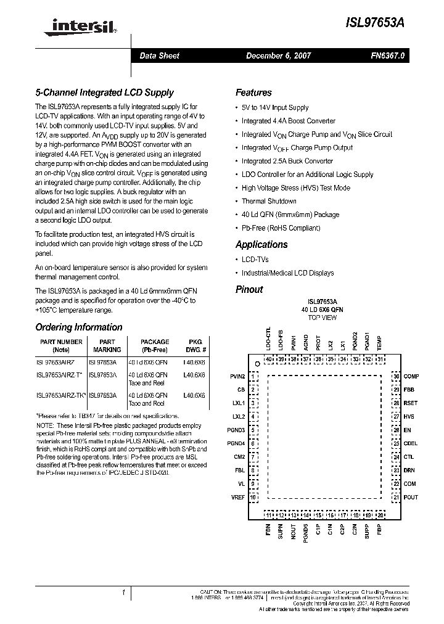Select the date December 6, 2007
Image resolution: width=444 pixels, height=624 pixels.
pyautogui.click(x=278, y=55)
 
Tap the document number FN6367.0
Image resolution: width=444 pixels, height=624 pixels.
pyautogui.click(x=387, y=55)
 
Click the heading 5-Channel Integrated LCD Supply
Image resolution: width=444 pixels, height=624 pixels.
pyautogui.click(x=104, y=92)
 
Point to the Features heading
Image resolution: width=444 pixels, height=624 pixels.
pyautogui.click(x=253, y=92)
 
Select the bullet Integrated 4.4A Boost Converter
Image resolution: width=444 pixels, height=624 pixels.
pyautogui.click(x=288, y=121)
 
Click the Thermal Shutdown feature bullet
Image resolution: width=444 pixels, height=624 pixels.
pyautogui.click(x=268, y=201)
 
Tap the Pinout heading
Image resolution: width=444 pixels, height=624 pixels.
pyautogui.click(x=249, y=289)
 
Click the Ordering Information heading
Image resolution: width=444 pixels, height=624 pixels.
pyautogui.click(x=78, y=327)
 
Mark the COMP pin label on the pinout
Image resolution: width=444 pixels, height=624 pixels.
pyautogui.click(x=411, y=376)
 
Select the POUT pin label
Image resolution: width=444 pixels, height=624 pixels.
pyautogui.click(x=411, y=496)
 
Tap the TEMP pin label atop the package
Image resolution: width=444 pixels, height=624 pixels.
pyautogui.click(x=380, y=343)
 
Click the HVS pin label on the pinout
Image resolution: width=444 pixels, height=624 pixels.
pyautogui.click(x=408, y=416)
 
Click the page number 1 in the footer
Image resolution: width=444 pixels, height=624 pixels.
pyautogui.click(x=125, y=593)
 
